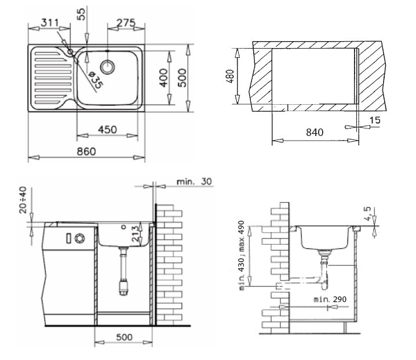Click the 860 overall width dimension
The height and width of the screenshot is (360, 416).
pyautogui.click(x=86, y=152)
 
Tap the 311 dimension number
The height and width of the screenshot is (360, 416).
pyautogui.click(x=50, y=23)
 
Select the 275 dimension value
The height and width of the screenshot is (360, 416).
pyautogui.click(x=126, y=23)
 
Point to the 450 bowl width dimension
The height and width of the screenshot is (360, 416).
pyautogui.click(x=107, y=130)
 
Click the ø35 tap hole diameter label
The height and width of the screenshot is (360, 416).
pyautogui.click(x=95, y=80)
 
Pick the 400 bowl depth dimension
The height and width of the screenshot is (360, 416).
pyautogui.click(x=164, y=78)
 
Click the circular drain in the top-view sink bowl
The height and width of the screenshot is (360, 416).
pyautogui.click(x=107, y=67)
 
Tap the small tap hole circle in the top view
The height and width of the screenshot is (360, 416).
pyautogui.click(x=70, y=52)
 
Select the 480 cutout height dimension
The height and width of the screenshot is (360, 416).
pyautogui.click(x=230, y=76)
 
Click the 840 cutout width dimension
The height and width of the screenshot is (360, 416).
pyautogui.click(x=315, y=133)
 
